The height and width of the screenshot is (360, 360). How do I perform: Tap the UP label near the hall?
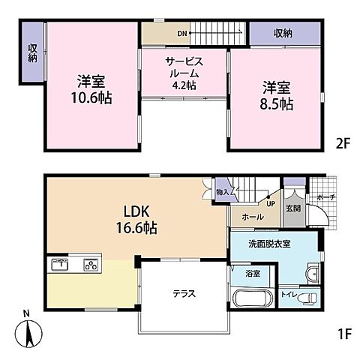point(268,202)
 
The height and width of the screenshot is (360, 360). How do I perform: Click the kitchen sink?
point(59,264)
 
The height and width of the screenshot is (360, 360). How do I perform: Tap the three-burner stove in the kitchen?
point(91,264)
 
